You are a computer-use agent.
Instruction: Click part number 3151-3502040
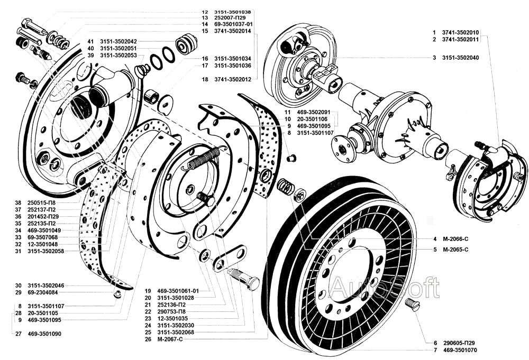pos(461,58)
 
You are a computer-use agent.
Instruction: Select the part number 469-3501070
pos(460,350)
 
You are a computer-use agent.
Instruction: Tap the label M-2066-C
pos(456,239)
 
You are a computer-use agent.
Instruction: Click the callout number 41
pos(90,41)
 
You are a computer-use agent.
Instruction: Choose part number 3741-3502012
pos(233,79)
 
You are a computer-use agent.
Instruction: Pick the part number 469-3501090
pos(44,334)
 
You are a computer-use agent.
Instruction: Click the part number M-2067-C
pos(170,339)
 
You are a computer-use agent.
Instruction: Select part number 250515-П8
pos(41,203)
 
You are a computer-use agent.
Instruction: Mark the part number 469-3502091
pos(313,112)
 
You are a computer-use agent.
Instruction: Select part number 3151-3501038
pos(233,12)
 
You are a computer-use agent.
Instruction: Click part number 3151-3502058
pos(46,251)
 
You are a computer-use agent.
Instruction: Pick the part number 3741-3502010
pos(461,32)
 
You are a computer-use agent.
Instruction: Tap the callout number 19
pos(148,291)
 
